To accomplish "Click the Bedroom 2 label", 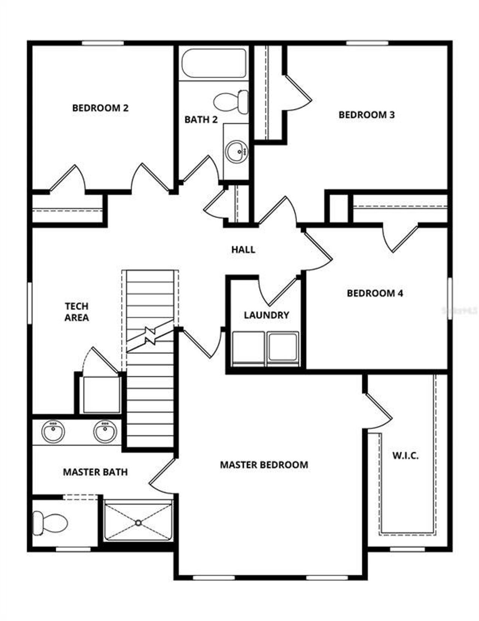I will [x=100, y=108].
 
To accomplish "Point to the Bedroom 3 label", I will [x=366, y=115].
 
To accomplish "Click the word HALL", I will [x=243, y=249].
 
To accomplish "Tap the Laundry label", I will [x=266, y=315].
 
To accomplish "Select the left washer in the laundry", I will [x=248, y=348].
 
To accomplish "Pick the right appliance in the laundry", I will [x=283, y=348].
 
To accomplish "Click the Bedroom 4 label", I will [x=375, y=293].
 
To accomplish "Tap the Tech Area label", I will [x=77, y=312].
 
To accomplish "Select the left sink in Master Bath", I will [x=53, y=431].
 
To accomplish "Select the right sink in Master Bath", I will [x=105, y=431].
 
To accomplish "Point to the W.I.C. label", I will [x=405, y=456].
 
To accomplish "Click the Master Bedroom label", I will [x=264, y=465].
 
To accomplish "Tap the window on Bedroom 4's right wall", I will [x=450, y=298].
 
